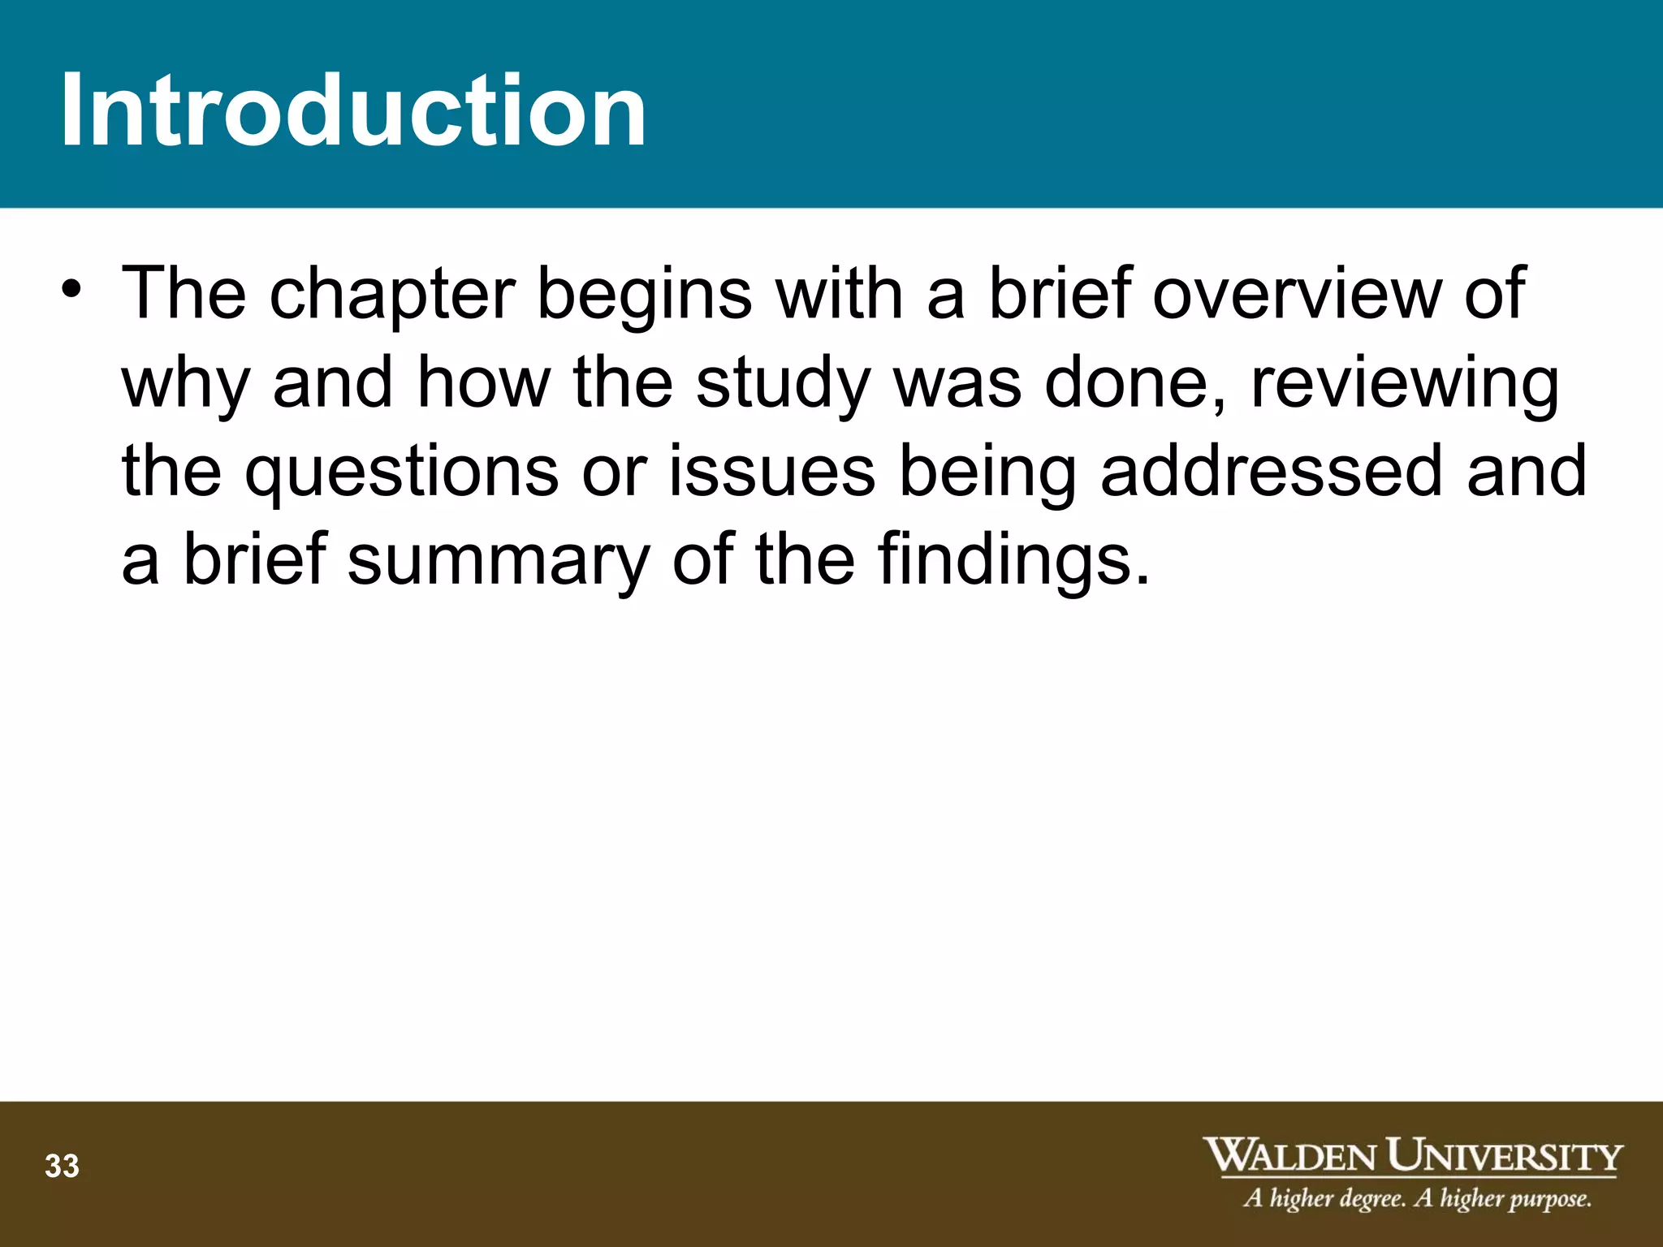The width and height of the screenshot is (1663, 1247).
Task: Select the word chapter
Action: pos(392,294)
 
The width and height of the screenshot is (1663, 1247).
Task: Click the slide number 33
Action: pos(62,1167)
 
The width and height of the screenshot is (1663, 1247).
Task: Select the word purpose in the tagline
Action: pos(1548,1199)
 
